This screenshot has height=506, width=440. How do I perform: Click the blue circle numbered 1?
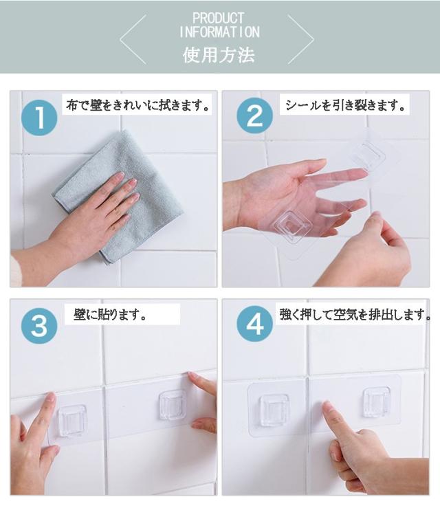(39, 118)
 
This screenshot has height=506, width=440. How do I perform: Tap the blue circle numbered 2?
(254, 115)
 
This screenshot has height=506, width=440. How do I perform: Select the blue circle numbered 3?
(39, 326)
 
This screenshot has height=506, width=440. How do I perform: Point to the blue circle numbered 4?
(254, 324)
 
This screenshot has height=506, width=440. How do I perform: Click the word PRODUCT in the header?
(218, 18)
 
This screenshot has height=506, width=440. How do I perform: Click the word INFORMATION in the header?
(219, 32)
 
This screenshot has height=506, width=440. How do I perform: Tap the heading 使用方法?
(219, 54)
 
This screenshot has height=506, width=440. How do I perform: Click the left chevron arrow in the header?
(133, 39)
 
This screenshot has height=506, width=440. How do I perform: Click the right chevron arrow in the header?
(301, 39)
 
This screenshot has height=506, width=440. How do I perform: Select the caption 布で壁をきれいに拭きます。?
(137, 105)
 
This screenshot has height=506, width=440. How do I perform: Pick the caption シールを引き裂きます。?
(344, 105)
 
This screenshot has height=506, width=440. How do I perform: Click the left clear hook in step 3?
(71, 421)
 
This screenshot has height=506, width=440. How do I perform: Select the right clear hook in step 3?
(173, 405)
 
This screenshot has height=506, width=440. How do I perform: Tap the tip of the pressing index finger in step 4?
(326, 404)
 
